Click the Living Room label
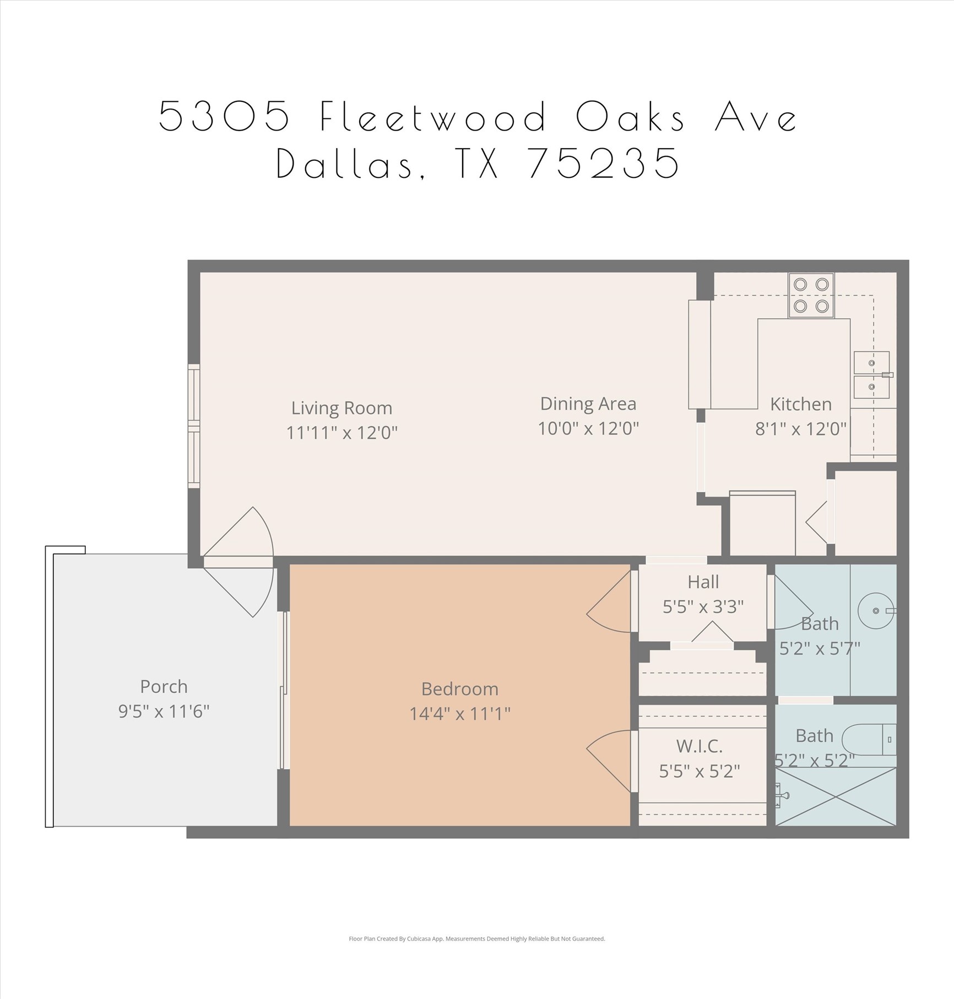342,408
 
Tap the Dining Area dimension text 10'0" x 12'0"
588,428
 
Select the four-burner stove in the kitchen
811,295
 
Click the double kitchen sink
871,375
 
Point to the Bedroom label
459,689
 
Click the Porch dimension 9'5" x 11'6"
164,712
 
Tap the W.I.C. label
699,746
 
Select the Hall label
703,582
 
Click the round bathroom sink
875,611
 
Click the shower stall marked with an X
836,796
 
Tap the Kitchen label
800,404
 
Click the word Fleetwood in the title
433,117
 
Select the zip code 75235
604,164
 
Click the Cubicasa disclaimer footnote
476,939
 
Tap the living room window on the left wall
194,426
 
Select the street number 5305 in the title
224,117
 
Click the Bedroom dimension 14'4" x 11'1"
459,714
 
